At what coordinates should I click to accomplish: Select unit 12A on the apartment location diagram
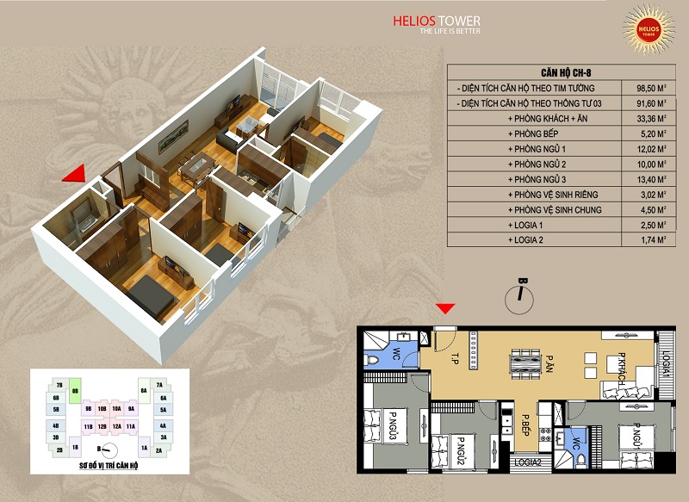point(116,426)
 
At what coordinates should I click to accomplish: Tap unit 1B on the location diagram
point(76,449)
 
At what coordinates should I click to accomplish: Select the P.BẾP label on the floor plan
point(524,425)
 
